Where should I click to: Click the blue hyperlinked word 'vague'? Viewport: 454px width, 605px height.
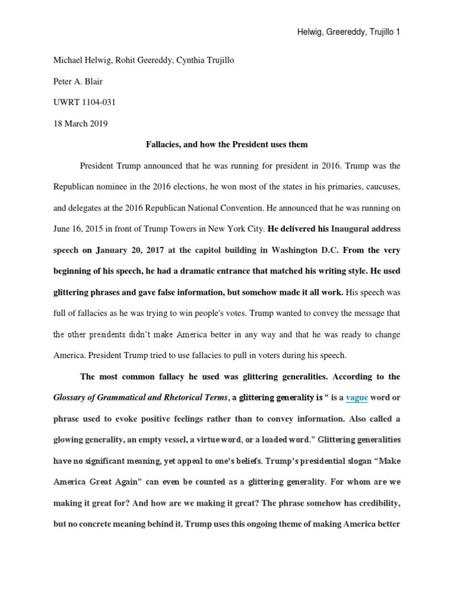pyautogui.click(x=356, y=398)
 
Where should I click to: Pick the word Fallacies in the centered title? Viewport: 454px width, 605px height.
pyautogui.click(x=164, y=144)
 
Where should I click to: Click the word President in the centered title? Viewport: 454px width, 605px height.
pyautogui.click(x=249, y=144)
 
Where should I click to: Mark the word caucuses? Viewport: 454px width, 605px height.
pyautogui.click(x=380, y=186)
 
